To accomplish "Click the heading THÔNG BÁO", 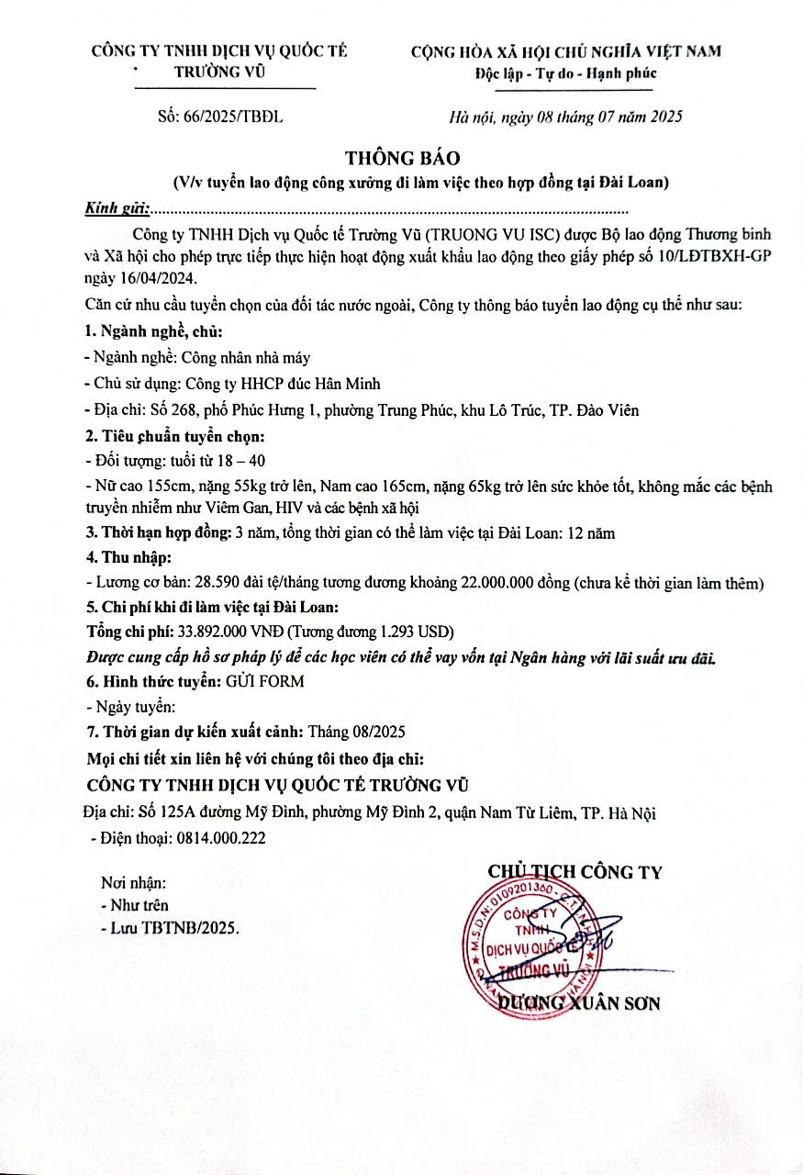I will [401, 158].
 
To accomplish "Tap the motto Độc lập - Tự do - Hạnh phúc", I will [565, 73].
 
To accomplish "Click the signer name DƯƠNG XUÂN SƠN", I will [577, 1002].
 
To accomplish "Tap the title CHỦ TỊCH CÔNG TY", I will [574, 872].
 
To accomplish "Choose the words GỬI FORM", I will [265, 682].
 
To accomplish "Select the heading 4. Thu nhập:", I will [128, 557].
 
